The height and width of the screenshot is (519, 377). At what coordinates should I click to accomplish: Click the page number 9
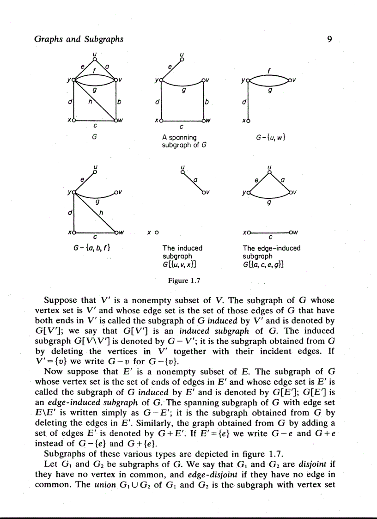(329, 39)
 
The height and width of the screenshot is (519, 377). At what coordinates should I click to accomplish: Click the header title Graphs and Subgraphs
(79, 39)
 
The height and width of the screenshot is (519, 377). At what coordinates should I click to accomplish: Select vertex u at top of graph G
(95, 59)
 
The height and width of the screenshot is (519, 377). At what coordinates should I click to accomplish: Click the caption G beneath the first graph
(94, 137)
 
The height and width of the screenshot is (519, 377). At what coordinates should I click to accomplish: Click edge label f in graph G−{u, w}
(269, 72)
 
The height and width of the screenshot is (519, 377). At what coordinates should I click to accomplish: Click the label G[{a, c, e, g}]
(264, 265)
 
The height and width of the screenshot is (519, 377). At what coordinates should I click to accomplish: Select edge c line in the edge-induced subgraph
(270, 232)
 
